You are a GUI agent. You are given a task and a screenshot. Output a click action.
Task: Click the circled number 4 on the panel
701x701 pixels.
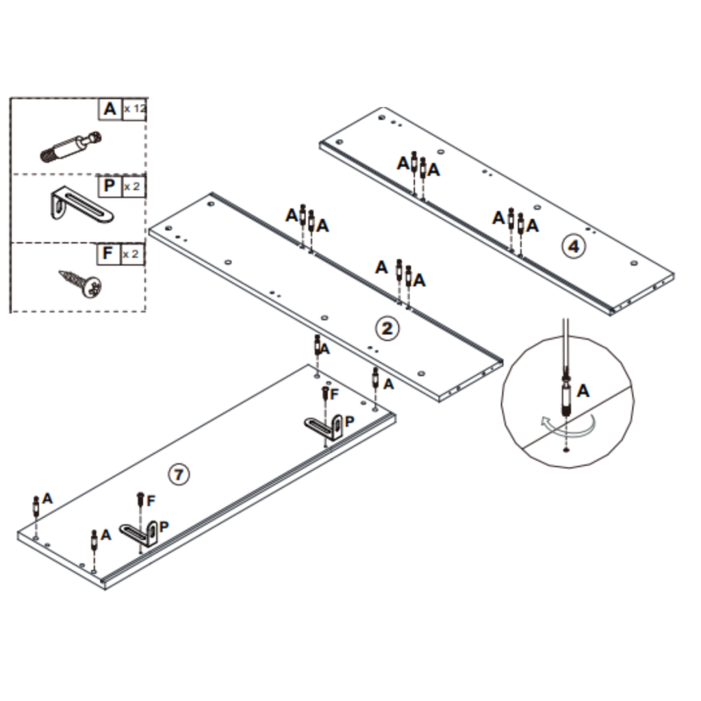[x=574, y=246]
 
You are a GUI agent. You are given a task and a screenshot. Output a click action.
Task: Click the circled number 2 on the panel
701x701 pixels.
[x=387, y=329]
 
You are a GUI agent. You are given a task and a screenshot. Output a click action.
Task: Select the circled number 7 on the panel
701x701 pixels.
[x=179, y=474]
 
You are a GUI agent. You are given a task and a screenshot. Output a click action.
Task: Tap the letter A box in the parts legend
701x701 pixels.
[x=110, y=109]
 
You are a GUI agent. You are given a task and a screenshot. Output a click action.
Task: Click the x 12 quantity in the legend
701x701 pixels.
[x=134, y=109]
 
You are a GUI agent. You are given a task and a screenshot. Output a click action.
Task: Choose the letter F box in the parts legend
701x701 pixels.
[x=108, y=254]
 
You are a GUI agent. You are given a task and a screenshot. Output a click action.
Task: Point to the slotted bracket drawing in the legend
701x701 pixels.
[x=79, y=207]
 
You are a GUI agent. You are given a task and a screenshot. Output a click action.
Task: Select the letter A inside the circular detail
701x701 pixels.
[x=583, y=391]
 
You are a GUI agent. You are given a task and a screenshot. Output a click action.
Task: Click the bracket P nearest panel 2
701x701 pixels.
[x=326, y=427]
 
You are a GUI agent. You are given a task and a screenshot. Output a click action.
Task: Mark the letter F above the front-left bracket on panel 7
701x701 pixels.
[x=151, y=501]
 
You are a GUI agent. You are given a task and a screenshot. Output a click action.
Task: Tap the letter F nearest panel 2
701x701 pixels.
[x=334, y=394]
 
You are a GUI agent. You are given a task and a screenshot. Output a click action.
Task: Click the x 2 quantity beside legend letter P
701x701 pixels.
[x=134, y=186]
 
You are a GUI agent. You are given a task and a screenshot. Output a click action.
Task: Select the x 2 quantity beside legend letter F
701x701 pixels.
[x=133, y=254]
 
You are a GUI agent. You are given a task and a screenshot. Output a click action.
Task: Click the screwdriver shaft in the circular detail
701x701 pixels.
[x=565, y=342]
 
